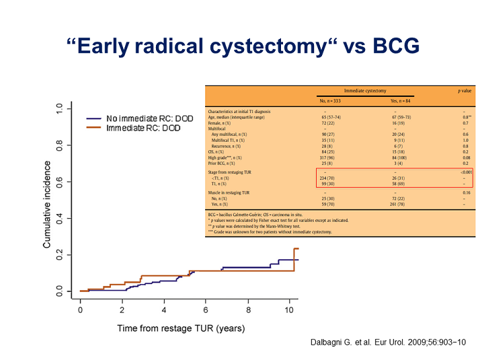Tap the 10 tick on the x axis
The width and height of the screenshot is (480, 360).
[289, 310]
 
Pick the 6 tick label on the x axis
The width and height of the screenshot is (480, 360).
[206, 310]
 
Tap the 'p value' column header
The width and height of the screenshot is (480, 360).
[464, 89]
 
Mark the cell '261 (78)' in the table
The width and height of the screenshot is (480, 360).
[396, 205]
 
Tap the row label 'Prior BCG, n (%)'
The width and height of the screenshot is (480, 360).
[227, 162]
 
